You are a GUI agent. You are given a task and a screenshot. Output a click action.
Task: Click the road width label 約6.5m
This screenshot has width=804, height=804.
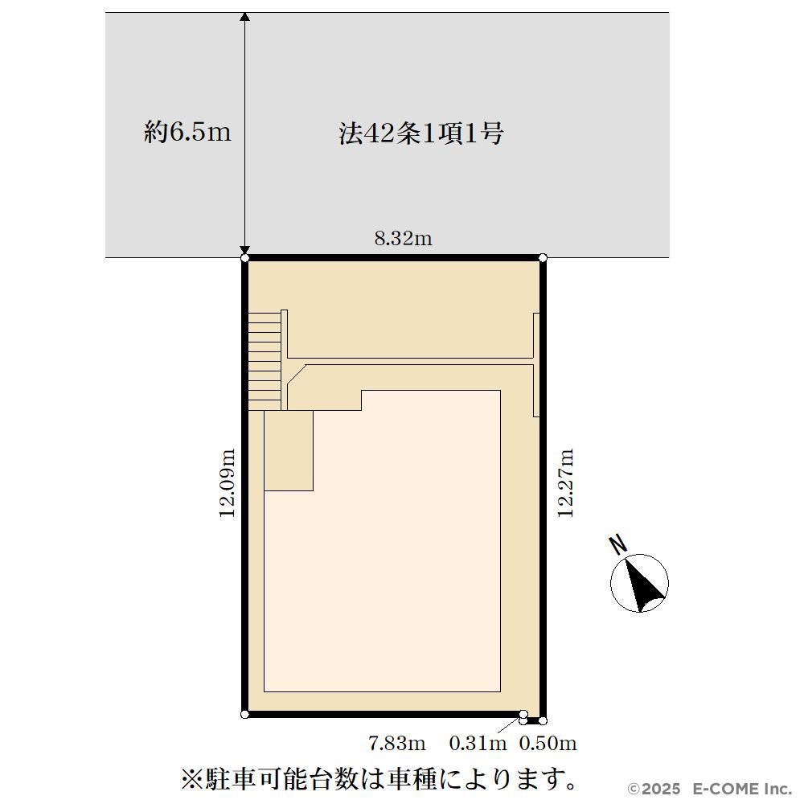click(x=187, y=133)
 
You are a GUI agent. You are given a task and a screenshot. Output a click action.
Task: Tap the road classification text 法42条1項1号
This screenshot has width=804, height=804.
click(x=421, y=133)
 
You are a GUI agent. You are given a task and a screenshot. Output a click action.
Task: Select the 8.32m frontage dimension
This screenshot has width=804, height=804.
click(x=403, y=239)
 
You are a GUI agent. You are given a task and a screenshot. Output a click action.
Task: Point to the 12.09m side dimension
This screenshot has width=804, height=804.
click(x=228, y=483)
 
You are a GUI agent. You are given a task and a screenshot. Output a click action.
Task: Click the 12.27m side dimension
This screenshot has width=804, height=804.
click(x=565, y=483)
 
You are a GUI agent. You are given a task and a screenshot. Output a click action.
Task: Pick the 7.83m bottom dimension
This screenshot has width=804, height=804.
click(x=397, y=743)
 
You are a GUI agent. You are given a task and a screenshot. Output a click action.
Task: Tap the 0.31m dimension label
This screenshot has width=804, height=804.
click(x=478, y=743)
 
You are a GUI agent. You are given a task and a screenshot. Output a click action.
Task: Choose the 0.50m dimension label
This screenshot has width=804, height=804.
click(x=548, y=743)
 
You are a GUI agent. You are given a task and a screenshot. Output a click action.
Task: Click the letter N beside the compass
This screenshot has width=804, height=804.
click(x=619, y=544)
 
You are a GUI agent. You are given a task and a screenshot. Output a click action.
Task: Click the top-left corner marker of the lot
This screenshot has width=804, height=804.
click(x=245, y=257)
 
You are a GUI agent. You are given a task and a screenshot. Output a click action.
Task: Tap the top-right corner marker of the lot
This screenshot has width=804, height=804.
click(x=543, y=257)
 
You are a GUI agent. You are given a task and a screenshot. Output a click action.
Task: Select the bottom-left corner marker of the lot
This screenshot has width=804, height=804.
click(x=245, y=714)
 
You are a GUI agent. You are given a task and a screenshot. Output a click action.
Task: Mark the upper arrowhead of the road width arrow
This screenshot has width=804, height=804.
click(x=245, y=16)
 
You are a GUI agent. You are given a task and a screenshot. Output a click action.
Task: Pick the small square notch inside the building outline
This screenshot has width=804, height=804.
click(x=289, y=451)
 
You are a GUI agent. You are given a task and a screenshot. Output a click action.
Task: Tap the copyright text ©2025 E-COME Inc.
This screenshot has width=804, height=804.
click(x=710, y=788)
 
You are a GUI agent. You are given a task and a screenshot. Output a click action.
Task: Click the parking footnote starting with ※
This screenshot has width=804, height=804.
click(x=379, y=779)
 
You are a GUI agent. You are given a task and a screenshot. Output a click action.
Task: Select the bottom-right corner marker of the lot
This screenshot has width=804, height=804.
click(x=543, y=721)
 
